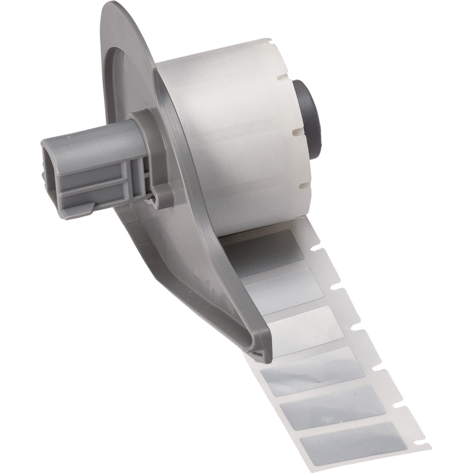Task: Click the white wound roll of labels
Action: pyautogui.click(x=237, y=136)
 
